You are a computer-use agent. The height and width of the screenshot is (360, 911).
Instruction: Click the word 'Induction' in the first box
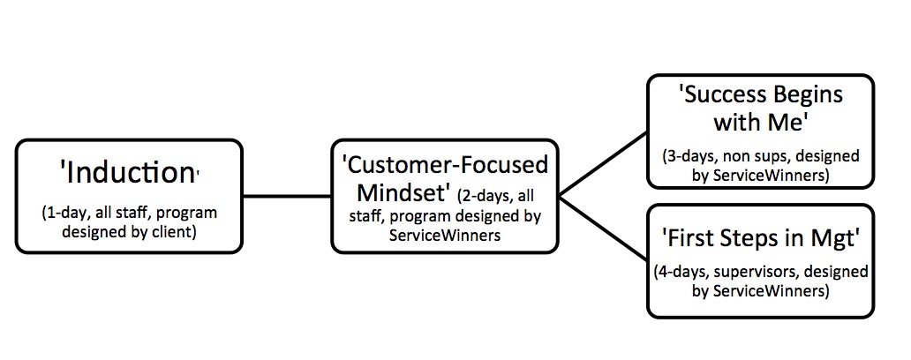click(128, 174)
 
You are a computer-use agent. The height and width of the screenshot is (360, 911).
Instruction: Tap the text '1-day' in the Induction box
click(64, 213)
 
